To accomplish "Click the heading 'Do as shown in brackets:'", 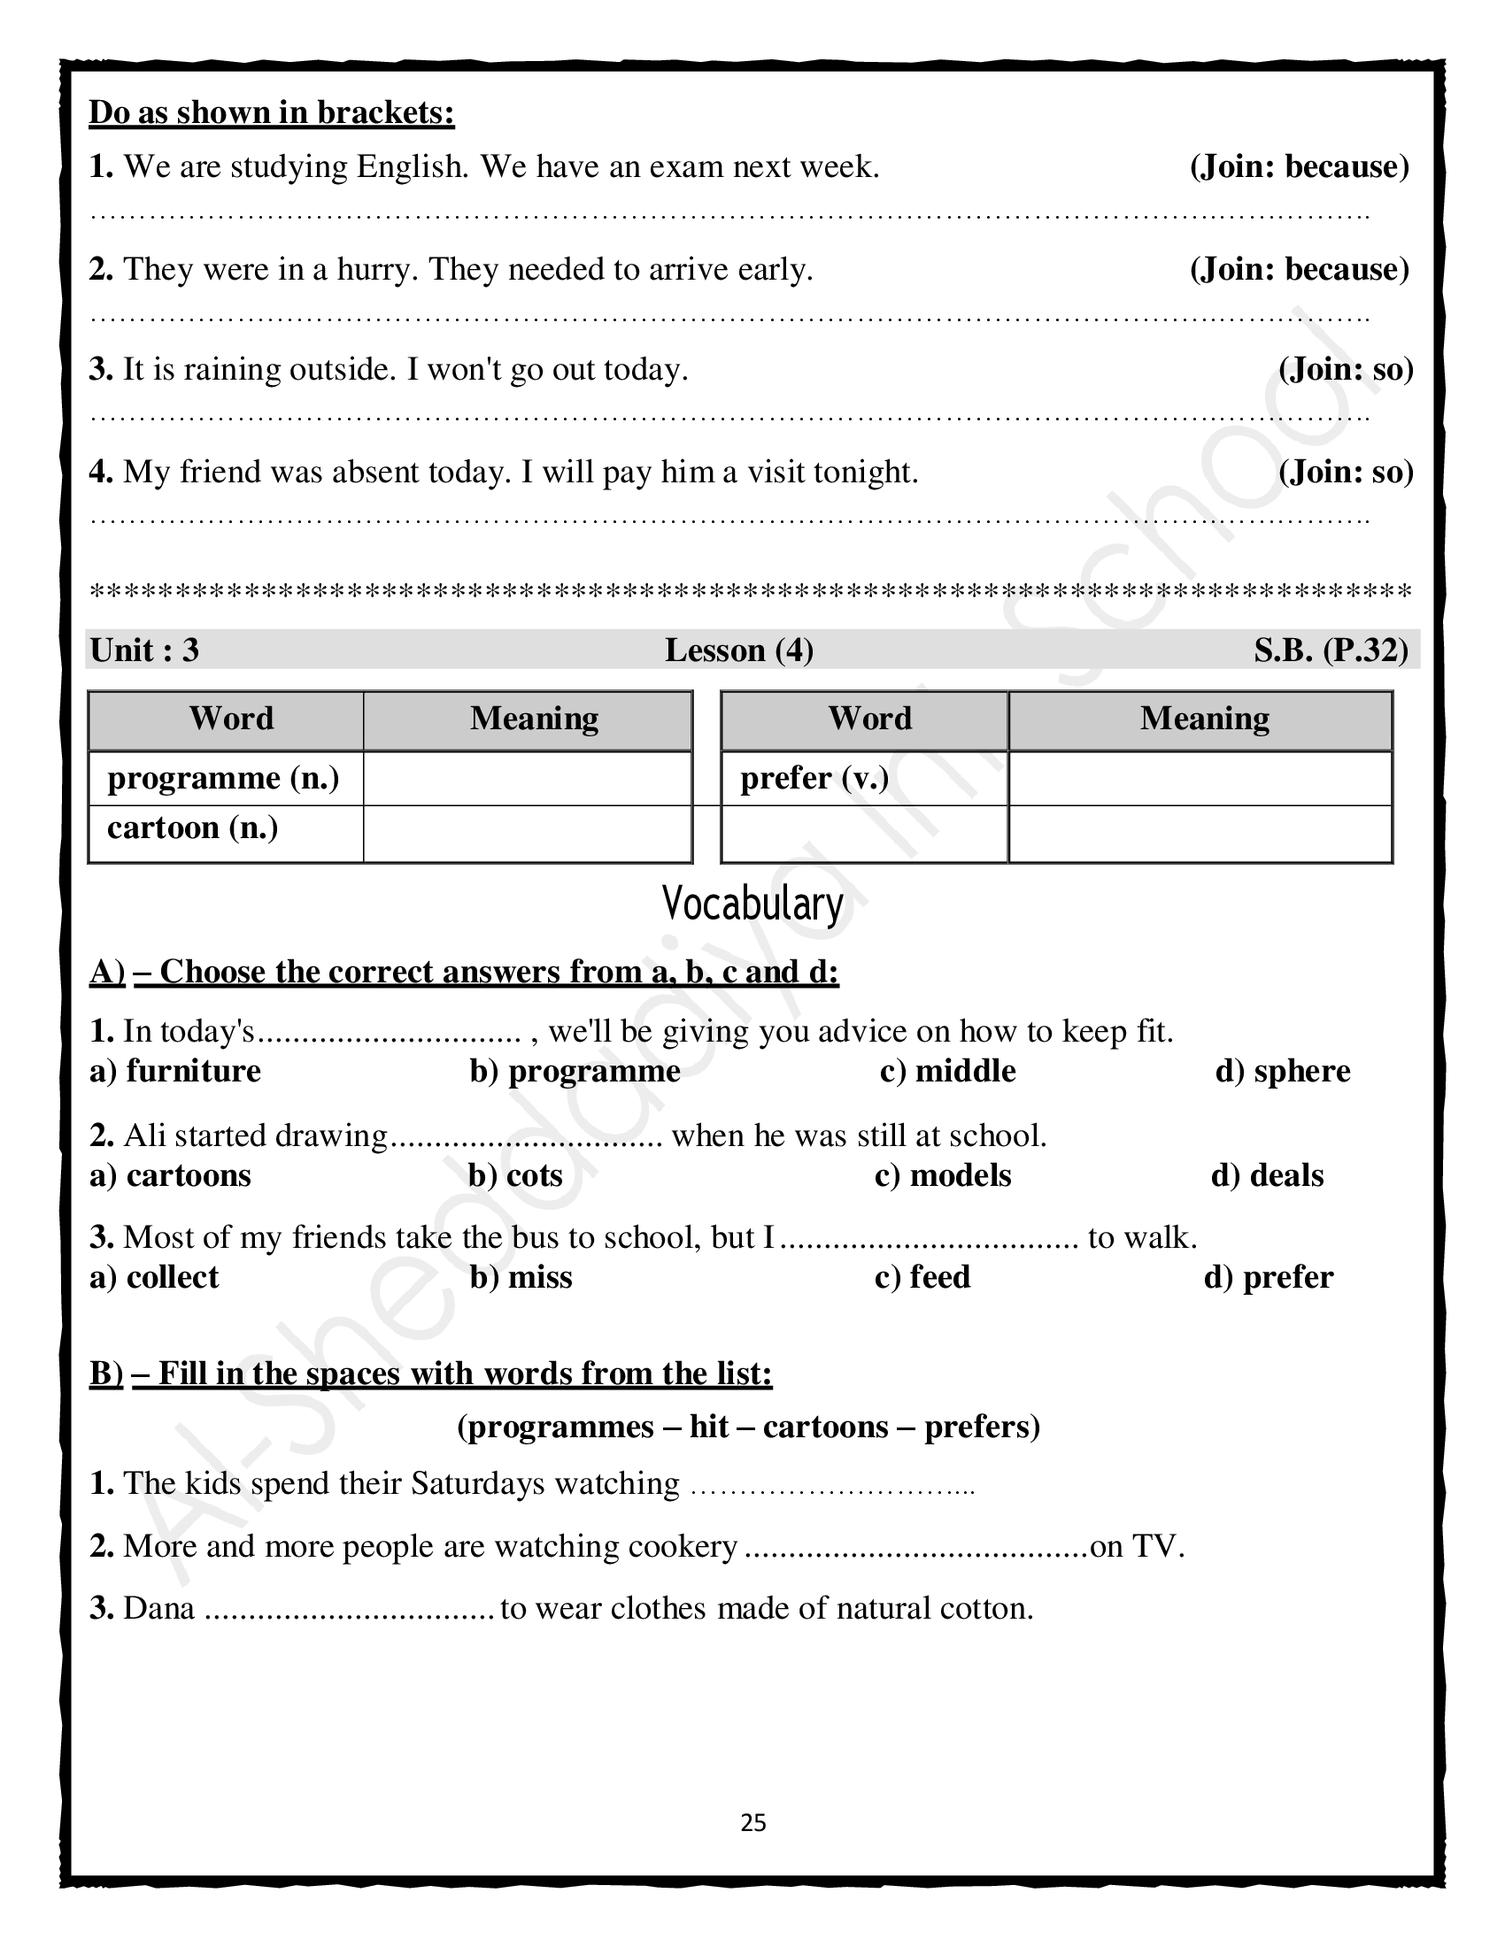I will coord(272,112).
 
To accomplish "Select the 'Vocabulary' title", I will coord(752,904).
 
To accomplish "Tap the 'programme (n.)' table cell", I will coord(224,778).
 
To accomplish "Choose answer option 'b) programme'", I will coord(575,1071).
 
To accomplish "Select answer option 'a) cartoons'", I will coord(170,1176).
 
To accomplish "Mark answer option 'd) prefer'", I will coord(1268,1277).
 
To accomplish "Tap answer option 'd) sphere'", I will coord(1282,1071).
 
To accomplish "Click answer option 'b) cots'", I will coord(515,1176).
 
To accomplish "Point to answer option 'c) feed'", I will coord(922,1277).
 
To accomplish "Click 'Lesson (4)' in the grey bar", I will coord(739,650).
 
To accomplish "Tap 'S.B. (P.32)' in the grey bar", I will coord(1331,650).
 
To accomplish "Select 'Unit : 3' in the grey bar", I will coord(144,650).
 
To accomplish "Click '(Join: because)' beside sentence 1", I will coord(1299,166).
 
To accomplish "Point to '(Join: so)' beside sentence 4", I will coord(1346,472).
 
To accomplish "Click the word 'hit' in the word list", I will coord(709,1428).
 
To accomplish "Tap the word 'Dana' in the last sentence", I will coord(158,1608).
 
